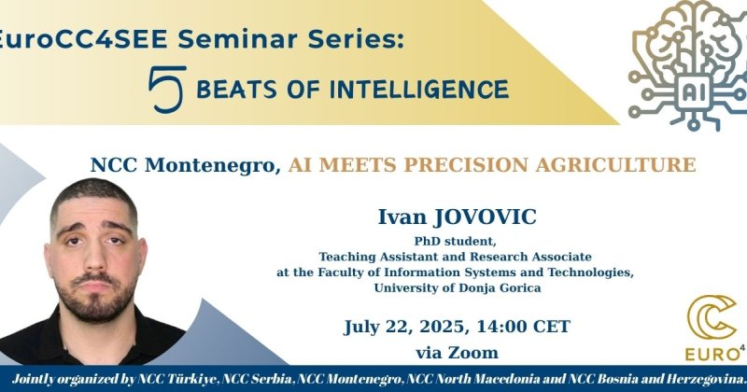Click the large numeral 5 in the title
point(167,89)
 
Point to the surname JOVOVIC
point(484,217)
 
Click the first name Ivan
point(402,217)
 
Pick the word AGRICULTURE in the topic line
point(615,165)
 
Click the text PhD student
point(455,241)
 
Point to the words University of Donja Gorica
point(458,287)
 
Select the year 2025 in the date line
point(442,327)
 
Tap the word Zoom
point(473,353)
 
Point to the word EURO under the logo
point(712,355)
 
